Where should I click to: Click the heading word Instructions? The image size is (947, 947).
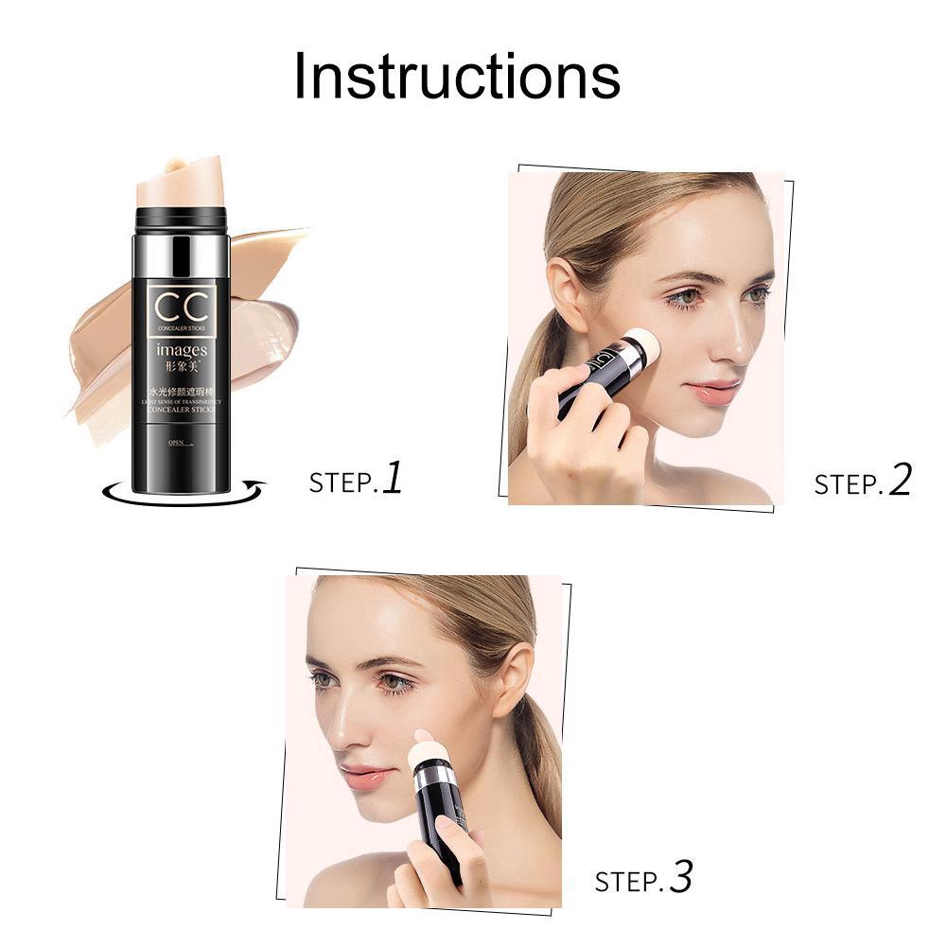click(x=457, y=76)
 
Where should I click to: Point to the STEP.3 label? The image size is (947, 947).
click(x=643, y=880)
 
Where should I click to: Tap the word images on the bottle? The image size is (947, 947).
click(x=182, y=351)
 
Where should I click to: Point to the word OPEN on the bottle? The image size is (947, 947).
click(x=176, y=442)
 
